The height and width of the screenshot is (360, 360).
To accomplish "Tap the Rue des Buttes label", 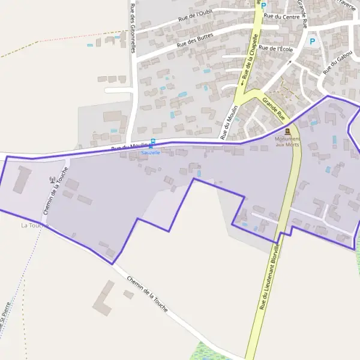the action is pos(196,42).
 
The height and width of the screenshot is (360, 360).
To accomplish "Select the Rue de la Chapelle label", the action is pos(247,61).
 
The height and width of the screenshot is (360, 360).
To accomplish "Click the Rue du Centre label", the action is pos(281,16).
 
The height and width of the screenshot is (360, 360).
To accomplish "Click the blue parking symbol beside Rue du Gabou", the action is pos(311,41).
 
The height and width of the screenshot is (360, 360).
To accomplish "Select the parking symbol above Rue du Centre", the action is pos(263,5).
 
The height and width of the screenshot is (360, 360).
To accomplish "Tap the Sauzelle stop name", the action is pos(151,152).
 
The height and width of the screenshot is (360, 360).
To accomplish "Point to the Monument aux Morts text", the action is pos(287,142).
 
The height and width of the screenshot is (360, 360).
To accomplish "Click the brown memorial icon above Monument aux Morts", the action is pos(288,131).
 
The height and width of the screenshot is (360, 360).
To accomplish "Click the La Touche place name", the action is pos(33,225).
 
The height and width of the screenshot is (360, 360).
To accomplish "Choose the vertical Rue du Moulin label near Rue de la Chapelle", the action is pos(230,122).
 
